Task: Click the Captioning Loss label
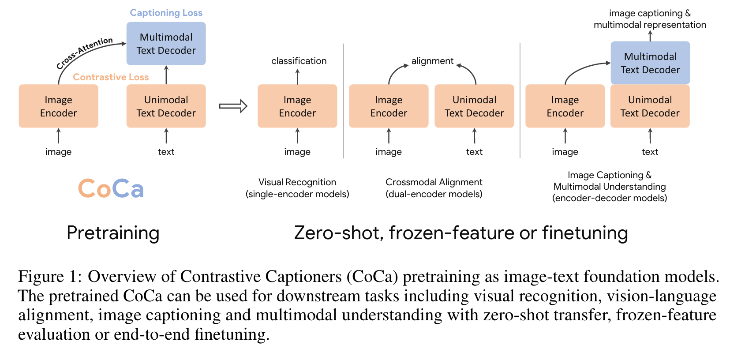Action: coord(166,13)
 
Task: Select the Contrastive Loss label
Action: coord(111,77)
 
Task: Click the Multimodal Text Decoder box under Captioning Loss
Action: coord(166,44)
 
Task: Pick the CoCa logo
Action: coord(111,189)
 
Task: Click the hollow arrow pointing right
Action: coord(233,106)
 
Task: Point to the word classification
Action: coord(299,61)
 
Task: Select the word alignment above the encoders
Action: coord(432,61)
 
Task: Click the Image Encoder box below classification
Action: coord(297,106)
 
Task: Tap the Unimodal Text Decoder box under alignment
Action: coord(474,106)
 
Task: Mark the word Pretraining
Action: coord(113,233)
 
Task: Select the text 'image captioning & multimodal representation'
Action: coord(650,19)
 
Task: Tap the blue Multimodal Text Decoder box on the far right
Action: coord(650,63)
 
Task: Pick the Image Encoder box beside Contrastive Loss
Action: coord(58,106)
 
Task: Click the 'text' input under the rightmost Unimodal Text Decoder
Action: coord(650,152)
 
